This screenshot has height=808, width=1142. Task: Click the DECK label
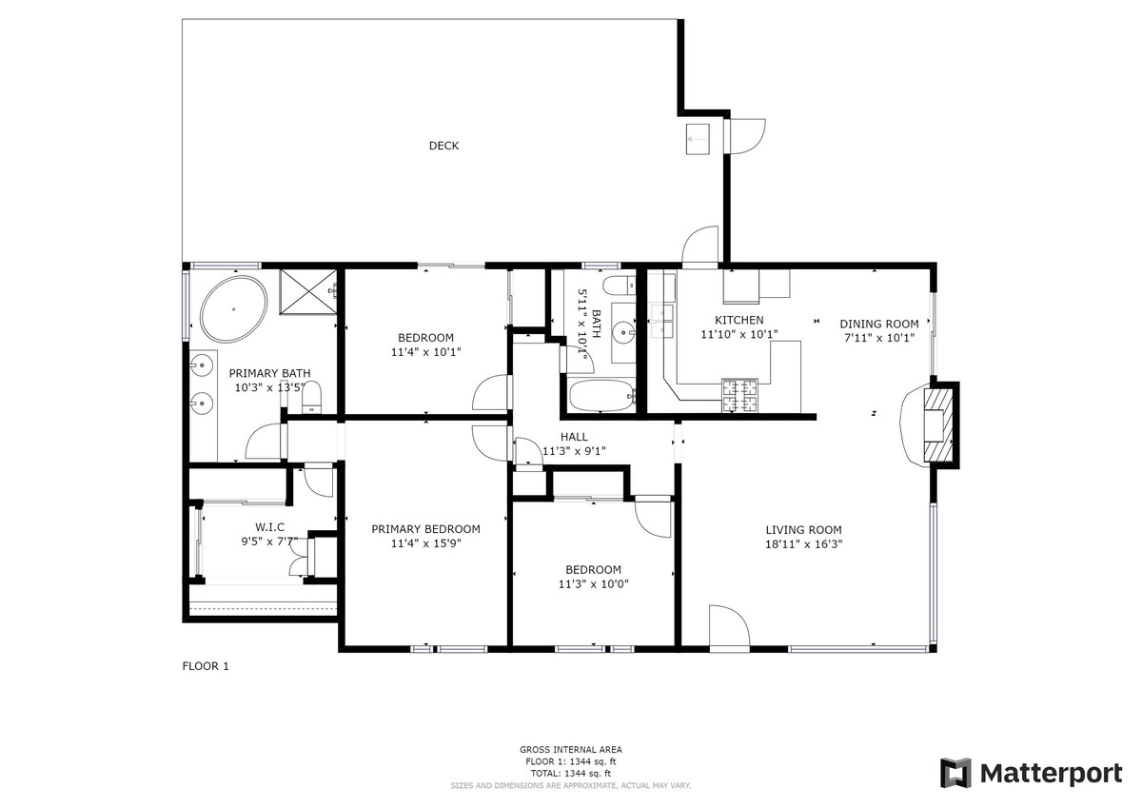[443, 146]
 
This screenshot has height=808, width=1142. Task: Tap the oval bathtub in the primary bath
[233, 309]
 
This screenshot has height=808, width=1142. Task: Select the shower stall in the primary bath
[308, 292]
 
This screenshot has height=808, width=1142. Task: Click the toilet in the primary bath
[311, 397]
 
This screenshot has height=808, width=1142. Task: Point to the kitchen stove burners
[739, 396]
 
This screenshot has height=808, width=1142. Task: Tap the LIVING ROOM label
[803, 530]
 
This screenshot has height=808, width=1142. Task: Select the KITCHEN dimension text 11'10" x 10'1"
[739, 334]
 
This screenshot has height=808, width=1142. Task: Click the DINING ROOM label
[879, 324]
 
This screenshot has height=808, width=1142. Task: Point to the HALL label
[574, 437]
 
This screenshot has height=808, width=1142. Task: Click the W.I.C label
[269, 527]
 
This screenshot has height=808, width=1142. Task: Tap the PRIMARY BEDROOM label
[425, 529]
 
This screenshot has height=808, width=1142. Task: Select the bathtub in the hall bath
[602, 395]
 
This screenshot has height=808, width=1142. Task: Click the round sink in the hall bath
[624, 333]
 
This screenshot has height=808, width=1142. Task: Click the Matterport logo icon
[955, 774]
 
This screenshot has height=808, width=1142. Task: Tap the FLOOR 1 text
[206, 666]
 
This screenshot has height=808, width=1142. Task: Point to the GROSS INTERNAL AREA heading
[570, 749]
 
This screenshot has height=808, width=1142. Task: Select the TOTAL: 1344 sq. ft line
[570, 774]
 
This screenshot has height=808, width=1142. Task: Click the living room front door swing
[730, 626]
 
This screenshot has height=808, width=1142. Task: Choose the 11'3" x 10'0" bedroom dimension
[594, 584]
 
